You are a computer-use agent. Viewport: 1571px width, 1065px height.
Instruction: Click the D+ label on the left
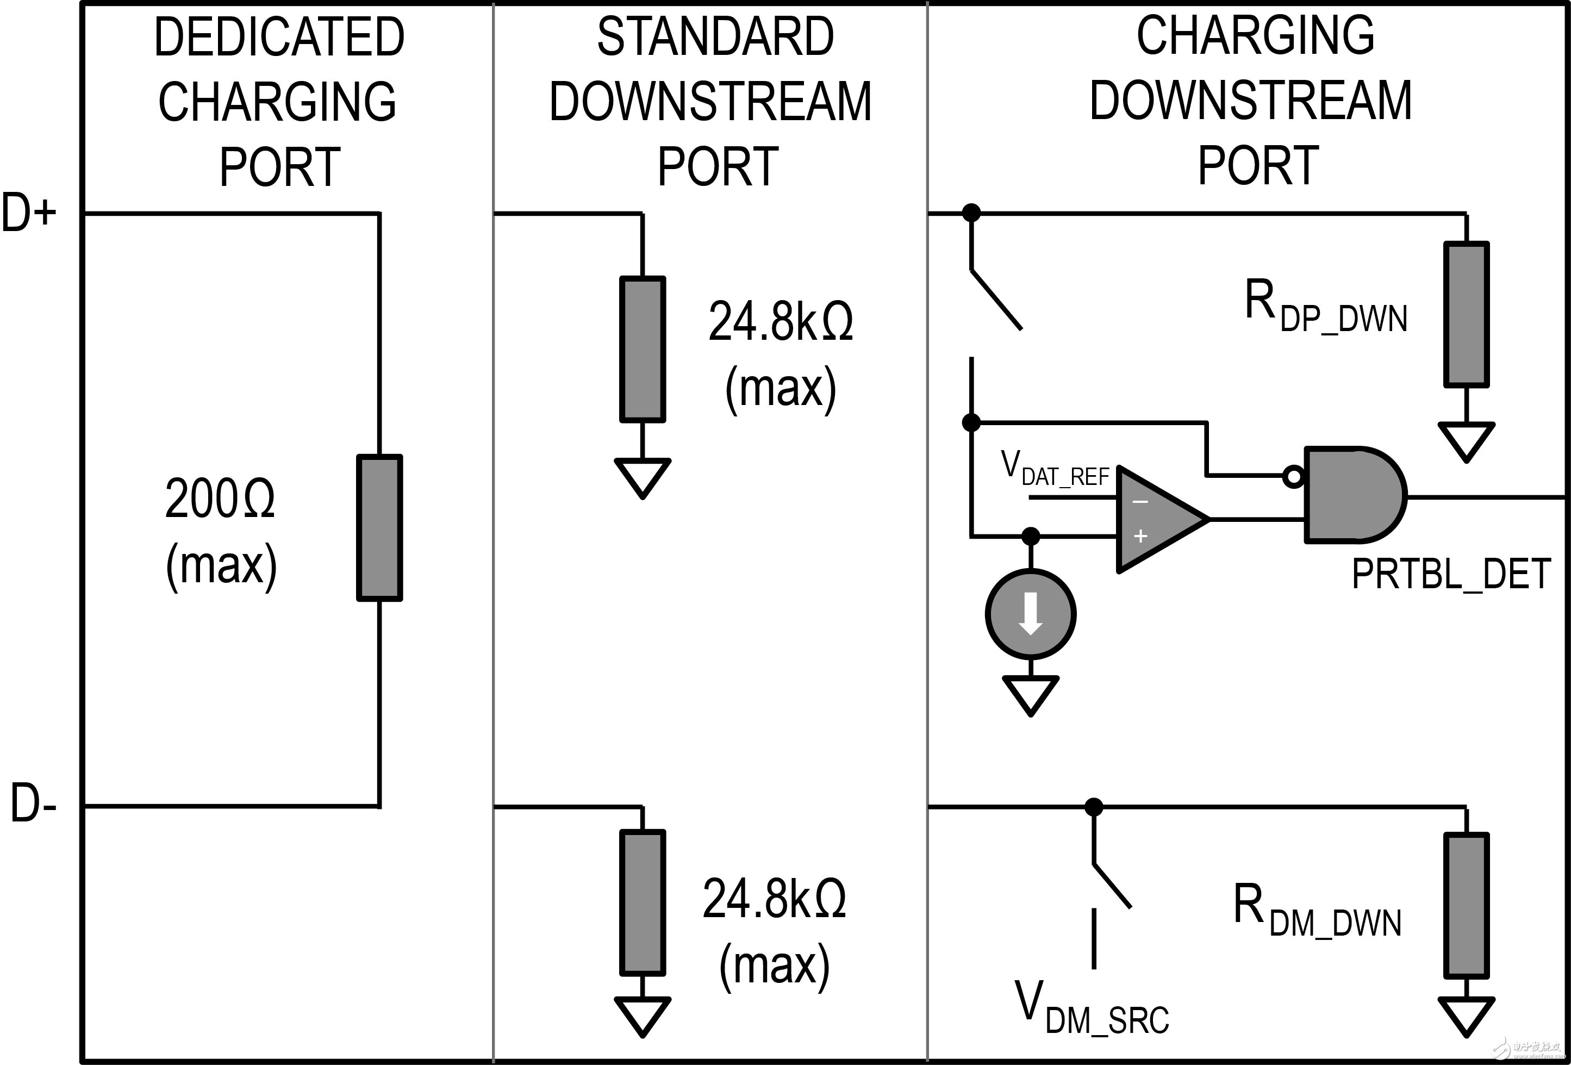click(28, 213)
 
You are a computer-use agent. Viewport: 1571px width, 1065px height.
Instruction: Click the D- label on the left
click(33, 804)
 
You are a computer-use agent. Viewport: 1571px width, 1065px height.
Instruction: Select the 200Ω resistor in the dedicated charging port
click(380, 527)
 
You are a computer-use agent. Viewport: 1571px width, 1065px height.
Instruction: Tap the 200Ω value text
click(220, 499)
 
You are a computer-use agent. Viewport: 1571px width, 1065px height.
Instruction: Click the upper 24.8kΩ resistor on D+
click(642, 349)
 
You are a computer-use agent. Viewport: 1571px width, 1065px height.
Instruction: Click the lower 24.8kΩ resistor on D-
click(642, 902)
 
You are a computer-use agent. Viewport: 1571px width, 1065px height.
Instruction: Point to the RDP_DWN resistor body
click(1466, 314)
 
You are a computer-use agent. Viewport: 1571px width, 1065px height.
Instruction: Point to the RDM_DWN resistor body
click(1466, 905)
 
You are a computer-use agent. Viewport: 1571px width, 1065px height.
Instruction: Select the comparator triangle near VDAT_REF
click(1157, 519)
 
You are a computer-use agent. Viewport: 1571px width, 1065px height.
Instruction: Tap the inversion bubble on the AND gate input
click(1293, 477)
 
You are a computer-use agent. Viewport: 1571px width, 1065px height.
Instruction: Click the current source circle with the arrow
click(1030, 614)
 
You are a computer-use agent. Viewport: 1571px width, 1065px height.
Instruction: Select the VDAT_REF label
click(1055, 469)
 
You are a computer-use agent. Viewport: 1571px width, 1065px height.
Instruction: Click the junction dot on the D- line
click(1094, 807)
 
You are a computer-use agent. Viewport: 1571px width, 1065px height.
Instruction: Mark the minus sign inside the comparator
click(1140, 502)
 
